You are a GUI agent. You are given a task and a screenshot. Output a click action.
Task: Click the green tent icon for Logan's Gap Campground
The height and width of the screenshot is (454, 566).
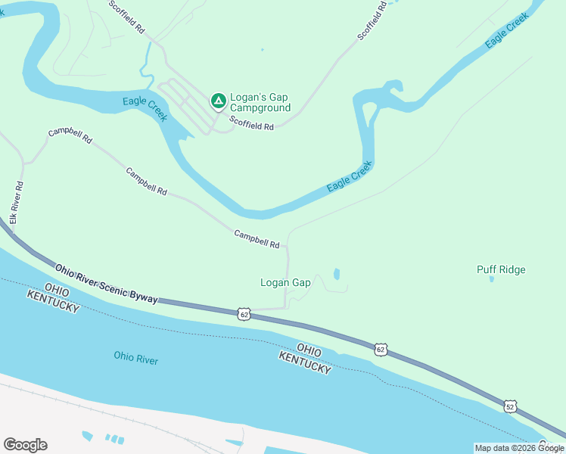pos(218,100)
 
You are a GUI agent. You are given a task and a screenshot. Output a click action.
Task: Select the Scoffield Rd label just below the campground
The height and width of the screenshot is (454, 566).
pos(251,125)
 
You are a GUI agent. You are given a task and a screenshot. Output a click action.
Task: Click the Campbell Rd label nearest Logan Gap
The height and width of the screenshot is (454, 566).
pos(257,239)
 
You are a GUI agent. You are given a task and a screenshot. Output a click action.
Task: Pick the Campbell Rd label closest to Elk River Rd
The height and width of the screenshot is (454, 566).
pos(70,135)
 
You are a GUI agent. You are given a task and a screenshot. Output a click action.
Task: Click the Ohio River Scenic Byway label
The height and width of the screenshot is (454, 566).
pos(106,284)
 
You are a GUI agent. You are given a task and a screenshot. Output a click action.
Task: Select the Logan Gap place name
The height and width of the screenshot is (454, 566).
pos(285,283)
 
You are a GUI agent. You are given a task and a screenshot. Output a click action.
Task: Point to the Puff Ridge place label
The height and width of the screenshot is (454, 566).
pos(501,269)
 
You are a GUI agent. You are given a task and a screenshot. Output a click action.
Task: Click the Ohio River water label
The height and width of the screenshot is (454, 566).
pos(136,358)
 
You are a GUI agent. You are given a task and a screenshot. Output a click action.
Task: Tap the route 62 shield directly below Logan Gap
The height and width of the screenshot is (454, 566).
pos(243,313)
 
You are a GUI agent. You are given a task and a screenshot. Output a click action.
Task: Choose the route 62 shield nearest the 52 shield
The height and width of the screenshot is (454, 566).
pos(381,349)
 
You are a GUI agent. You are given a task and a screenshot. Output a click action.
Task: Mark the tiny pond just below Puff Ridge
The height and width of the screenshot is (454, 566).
pos(491,279)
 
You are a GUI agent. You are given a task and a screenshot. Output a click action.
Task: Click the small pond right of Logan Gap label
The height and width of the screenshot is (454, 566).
pos(337,274)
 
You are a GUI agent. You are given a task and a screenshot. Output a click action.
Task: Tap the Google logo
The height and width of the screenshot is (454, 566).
pos(25,445)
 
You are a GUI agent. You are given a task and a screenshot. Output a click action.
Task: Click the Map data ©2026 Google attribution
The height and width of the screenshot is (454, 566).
pos(519,448)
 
